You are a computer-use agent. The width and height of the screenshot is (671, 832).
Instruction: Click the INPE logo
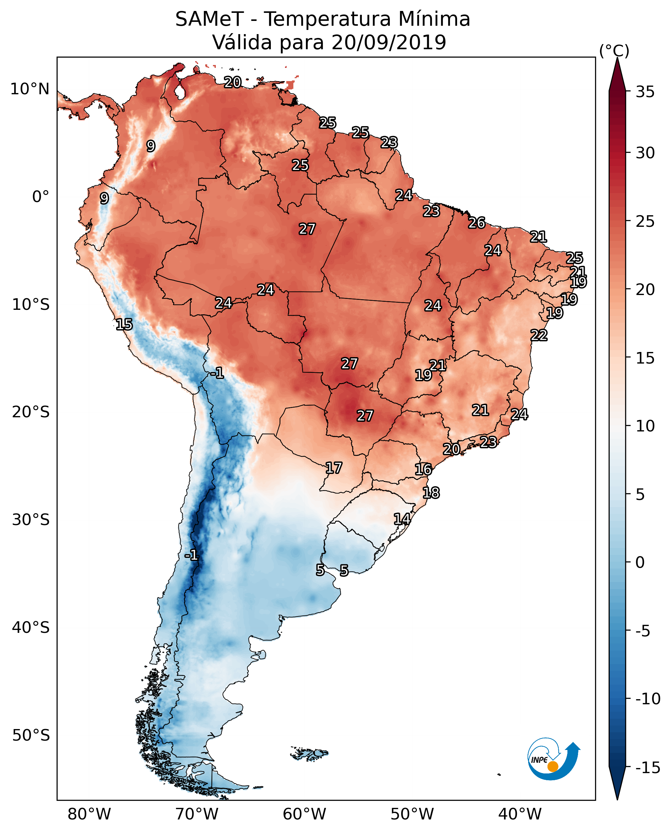(554, 759)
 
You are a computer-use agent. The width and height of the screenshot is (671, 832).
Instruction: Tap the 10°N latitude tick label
(30, 89)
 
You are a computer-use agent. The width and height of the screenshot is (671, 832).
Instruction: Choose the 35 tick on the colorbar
(645, 92)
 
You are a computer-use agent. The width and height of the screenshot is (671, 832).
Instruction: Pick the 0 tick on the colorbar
(640, 562)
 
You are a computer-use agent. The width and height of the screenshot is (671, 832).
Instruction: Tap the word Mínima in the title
(434, 19)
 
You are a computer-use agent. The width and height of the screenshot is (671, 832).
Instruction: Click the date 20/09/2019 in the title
(389, 42)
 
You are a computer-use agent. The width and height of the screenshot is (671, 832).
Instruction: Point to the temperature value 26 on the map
(477, 223)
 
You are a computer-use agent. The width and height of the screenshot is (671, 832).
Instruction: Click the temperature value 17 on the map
(334, 468)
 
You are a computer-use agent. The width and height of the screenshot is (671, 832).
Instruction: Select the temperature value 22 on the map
(539, 335)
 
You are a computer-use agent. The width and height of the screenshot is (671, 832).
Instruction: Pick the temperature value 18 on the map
(431, 493)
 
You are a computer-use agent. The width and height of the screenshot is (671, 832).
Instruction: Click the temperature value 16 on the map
(423, 469)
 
